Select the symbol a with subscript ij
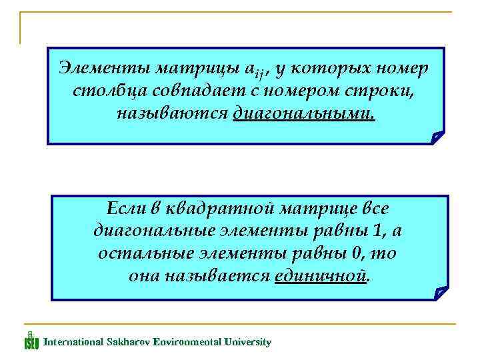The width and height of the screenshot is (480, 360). [x=251, y=69]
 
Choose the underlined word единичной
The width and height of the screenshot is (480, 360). [x=321, y=276]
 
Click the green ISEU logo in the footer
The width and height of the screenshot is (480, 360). [x=31, y=341]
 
